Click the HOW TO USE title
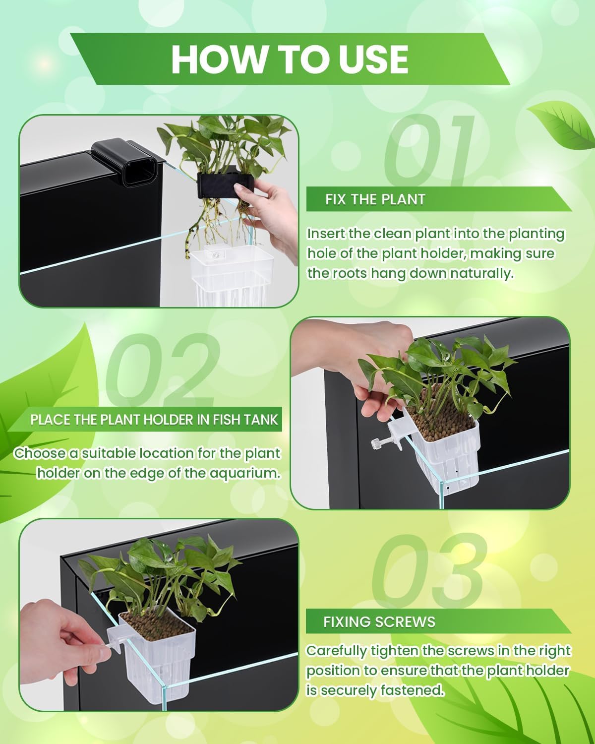click(290, 59)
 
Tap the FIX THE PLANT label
click(375, 199)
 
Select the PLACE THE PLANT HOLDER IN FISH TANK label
click(154, 420)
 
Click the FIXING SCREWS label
click(379, 622)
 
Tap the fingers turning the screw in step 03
click(82, 640)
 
